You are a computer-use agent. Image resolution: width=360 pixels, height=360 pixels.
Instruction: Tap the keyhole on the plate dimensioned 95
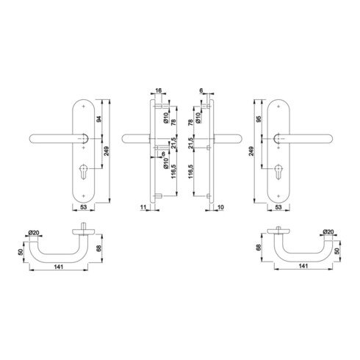pyautogui.click(x=278, y=169)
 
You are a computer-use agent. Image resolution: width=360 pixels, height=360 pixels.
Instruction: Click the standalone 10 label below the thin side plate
pyautogui.click(x=219, y=208)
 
